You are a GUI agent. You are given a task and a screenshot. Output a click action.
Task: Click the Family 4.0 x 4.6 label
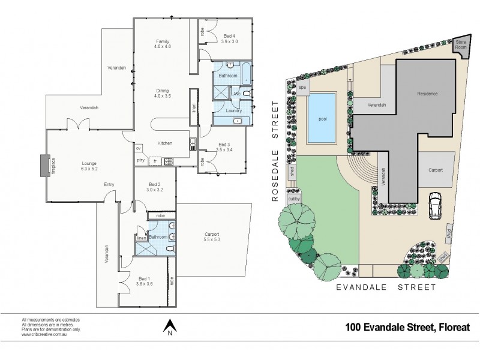(163, 43)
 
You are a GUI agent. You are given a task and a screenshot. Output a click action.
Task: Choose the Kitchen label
(165, 143)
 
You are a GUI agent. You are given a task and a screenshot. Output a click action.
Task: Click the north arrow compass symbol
(170, 327)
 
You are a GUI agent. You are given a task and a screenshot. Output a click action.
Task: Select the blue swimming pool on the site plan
(322, 118)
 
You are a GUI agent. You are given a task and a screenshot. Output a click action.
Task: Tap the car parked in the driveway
(434, 205)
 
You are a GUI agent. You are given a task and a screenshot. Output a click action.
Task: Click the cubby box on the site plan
(294, 199)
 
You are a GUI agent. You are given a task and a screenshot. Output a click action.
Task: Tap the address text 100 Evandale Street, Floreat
(407, 328)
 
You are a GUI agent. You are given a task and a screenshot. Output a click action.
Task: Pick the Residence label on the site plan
(428, 94)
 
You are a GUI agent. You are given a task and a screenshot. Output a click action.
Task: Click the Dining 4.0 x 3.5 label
(163, 92)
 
